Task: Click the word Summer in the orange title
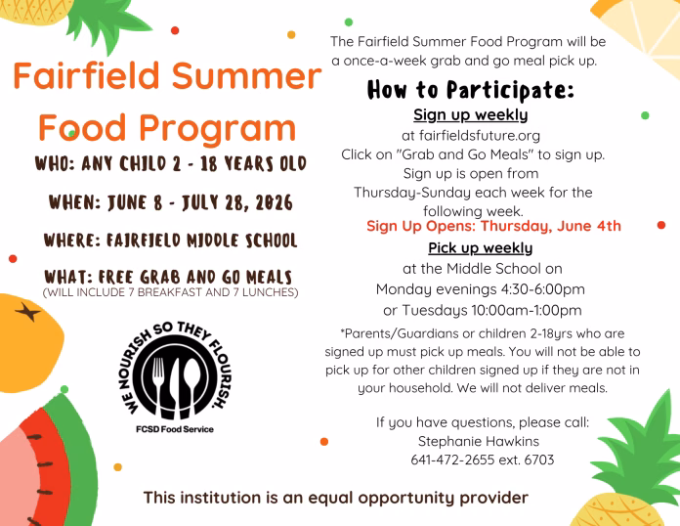(246, 75)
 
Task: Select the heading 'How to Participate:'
(471, 90)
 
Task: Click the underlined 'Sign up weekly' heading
(471, 115)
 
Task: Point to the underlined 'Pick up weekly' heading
(481, 248)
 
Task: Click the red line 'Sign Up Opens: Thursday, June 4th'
(493, 226)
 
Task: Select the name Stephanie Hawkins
(479, 441)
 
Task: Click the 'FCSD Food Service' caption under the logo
(175, 429)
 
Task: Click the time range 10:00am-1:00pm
(527, 310)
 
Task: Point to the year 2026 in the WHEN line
(275, 202)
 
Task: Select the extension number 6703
(539, 460)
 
